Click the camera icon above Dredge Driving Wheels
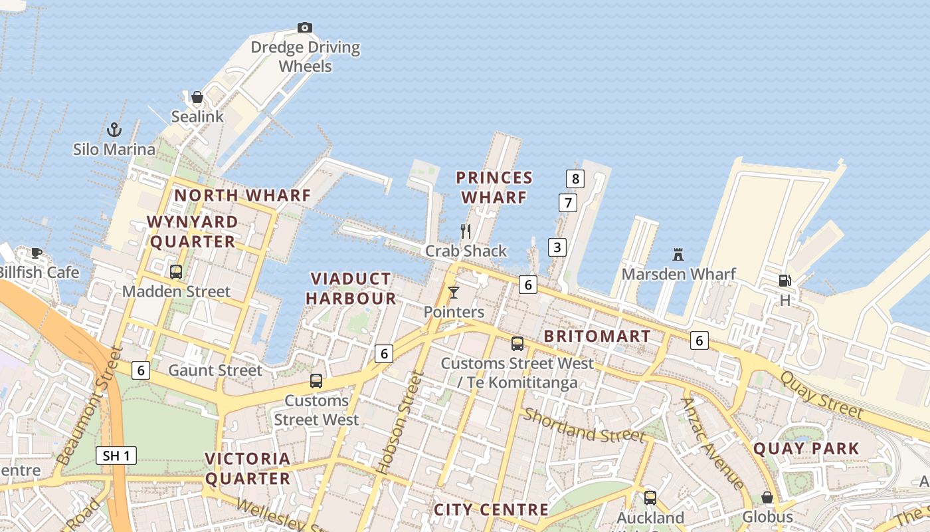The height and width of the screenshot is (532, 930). (x=305, y=27)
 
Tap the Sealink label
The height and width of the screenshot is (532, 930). (x=197, y=116)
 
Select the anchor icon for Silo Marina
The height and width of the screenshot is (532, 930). (x=114, y=129)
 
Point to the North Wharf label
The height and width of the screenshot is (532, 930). (x=242, y=196)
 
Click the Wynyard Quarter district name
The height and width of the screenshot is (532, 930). (x=193, y=231)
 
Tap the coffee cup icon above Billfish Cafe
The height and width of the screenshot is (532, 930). (x=37, y=253)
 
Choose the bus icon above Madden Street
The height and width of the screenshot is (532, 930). (x=176, y=271)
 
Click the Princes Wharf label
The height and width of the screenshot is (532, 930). (x=494, y=188)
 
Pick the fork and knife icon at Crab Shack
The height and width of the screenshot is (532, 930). (x=466, y=231)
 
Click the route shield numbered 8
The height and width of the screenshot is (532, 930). (x=575, y=178)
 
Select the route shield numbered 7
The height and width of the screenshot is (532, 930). (x=567, y=202)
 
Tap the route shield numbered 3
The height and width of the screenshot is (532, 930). (x=557, y=247)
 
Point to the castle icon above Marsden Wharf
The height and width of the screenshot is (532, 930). (x=678, y=254)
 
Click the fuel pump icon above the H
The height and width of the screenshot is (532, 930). (x=785, y=281)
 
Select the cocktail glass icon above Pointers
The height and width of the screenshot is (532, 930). (x=454, y=292)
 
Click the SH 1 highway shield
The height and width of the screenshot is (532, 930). (x=116, y=456)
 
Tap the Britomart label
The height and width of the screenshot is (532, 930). (x=597, y=336)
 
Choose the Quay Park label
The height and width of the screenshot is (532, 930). (x=806, y=449)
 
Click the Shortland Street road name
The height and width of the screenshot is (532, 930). (x=584, y=426)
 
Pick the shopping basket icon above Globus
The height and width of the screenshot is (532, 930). (x=767, y=497)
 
